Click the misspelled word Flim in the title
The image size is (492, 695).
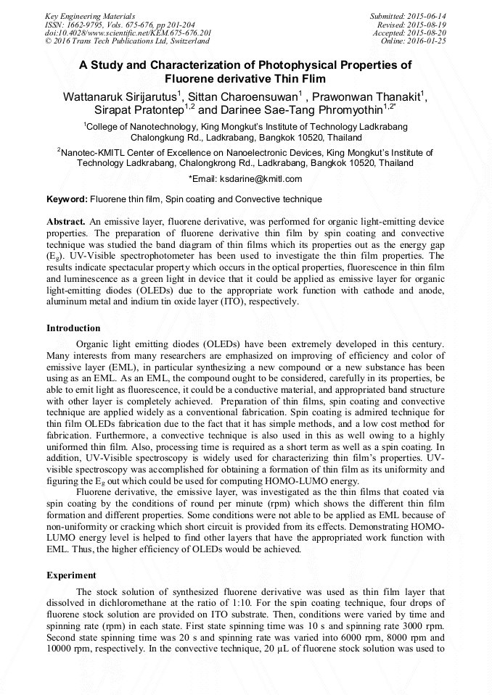tap(311, 79)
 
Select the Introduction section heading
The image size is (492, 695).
tap(73, 328)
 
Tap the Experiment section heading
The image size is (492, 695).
tap(71, 575)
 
